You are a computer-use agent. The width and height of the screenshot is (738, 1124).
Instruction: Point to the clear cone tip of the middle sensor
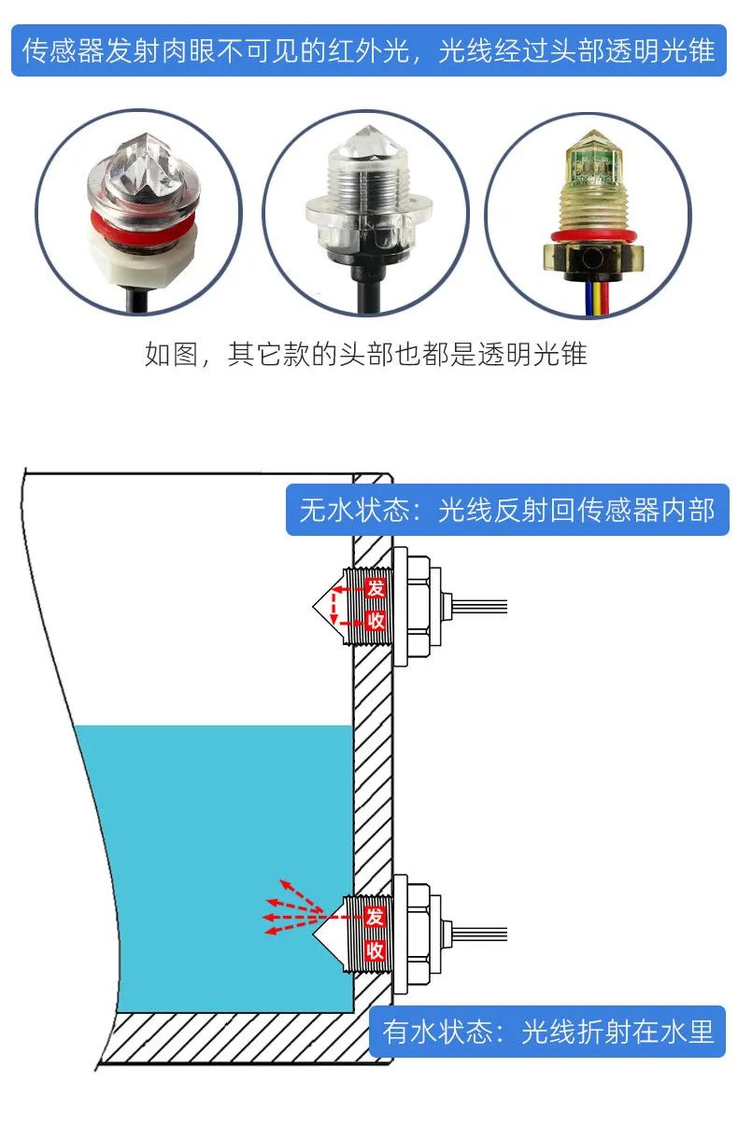pyautogui.click(x=369, y=143)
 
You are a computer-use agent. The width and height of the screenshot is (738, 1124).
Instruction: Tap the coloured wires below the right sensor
pyautogui.click(x=596, y=298)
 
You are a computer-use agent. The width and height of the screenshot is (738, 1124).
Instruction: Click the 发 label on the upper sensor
pyautogui.click(x=375, y=587)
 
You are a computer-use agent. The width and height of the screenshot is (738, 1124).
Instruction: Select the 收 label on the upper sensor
pyautogui.click(x=375, y=621)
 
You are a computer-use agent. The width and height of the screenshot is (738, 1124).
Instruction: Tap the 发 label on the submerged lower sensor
pyautogui.click(x=375, y=916)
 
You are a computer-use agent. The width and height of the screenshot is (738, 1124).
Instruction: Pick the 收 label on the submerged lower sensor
pyautogui.click(x=375, y=949)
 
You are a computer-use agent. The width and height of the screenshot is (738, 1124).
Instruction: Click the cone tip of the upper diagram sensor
pyautogui.click(x=313, y=606)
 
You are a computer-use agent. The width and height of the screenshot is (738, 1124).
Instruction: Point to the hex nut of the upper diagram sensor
pyautogui.click(x=418, y=606)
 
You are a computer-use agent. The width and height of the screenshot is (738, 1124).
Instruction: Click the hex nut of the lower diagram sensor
pyautogui.click(x=418, y=934)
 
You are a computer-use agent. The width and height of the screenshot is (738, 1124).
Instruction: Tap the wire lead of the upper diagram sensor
pyautogui.click(x=480, y=606)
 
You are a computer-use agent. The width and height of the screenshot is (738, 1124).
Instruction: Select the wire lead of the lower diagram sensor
pyautogui.click(x=480, y=934)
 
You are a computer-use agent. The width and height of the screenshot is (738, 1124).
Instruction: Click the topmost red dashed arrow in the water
pyautogui.click(x=301, y=895)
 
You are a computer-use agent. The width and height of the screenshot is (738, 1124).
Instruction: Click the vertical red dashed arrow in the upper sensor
pyautogui.click(x=333, y=606)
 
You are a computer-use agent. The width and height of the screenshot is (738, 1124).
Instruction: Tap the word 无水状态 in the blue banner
pyautogui.click(x=354, y=511)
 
